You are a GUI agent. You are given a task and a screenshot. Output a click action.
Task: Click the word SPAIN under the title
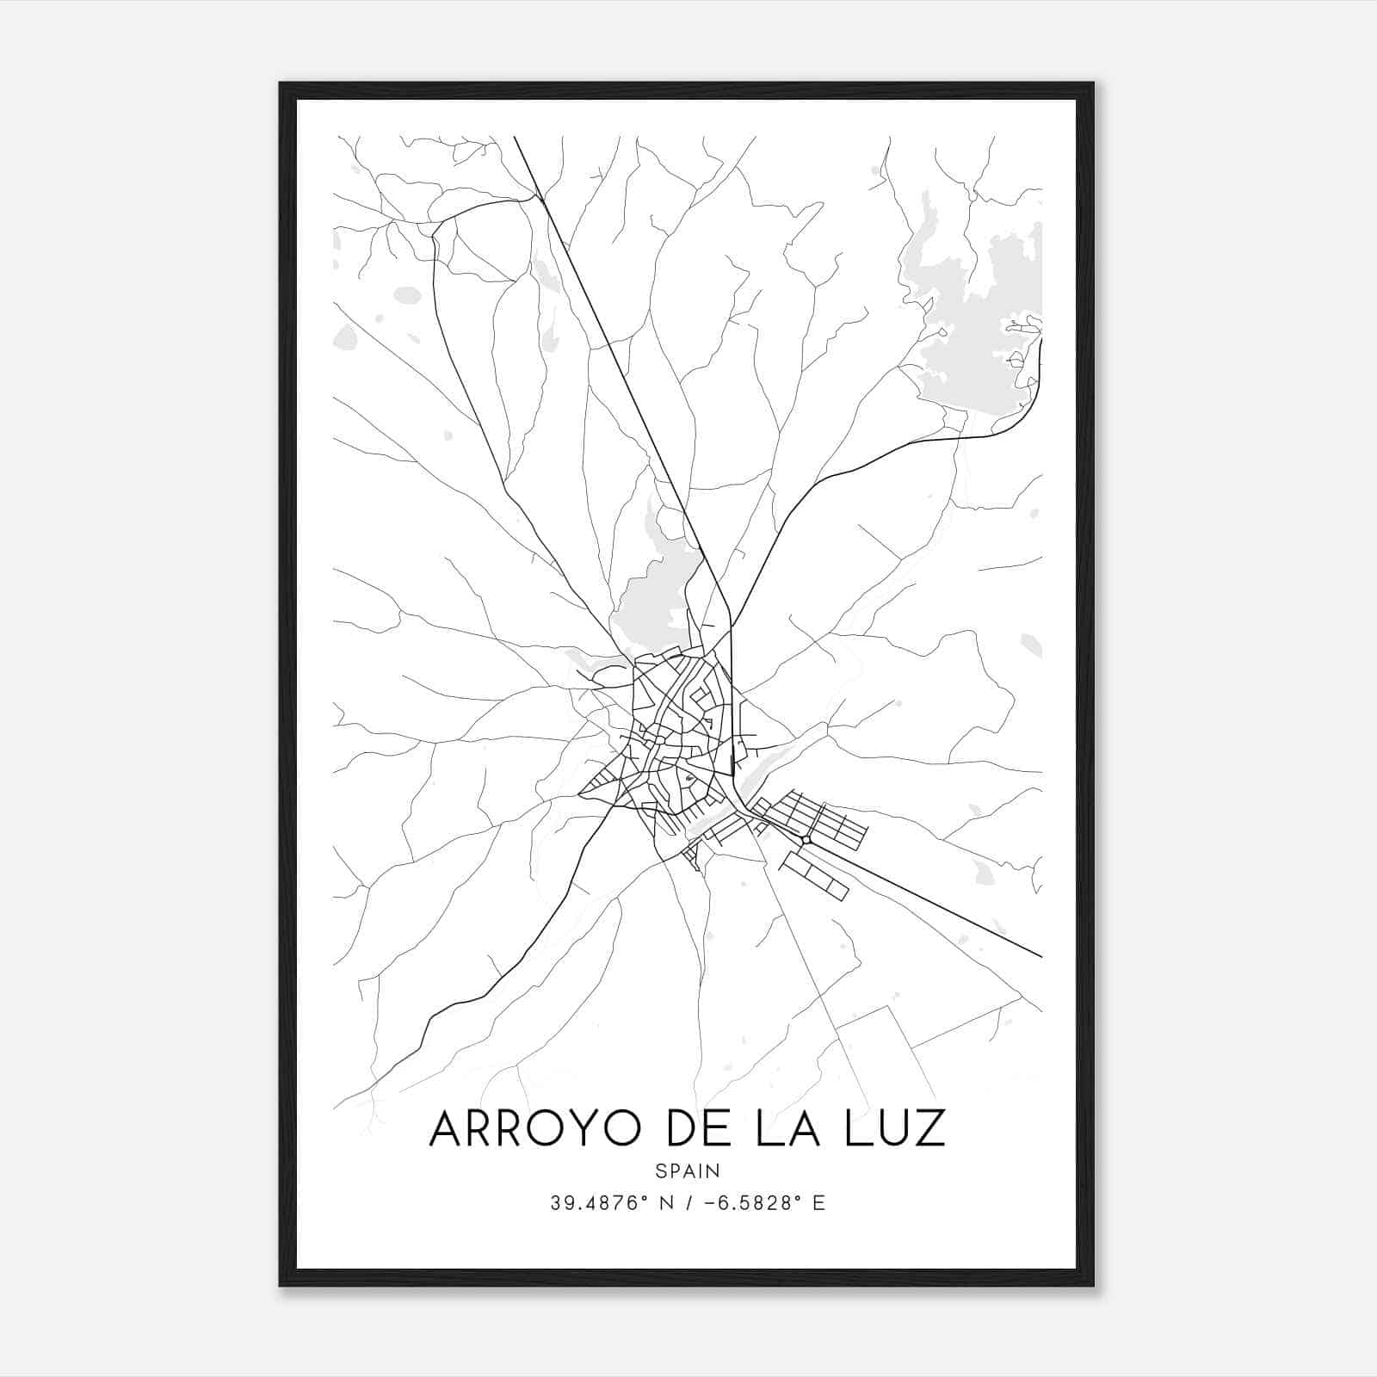point(688,1170)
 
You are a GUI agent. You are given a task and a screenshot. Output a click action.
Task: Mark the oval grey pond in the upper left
point(407,295)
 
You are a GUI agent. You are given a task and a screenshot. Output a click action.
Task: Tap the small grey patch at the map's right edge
point(1031,645)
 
